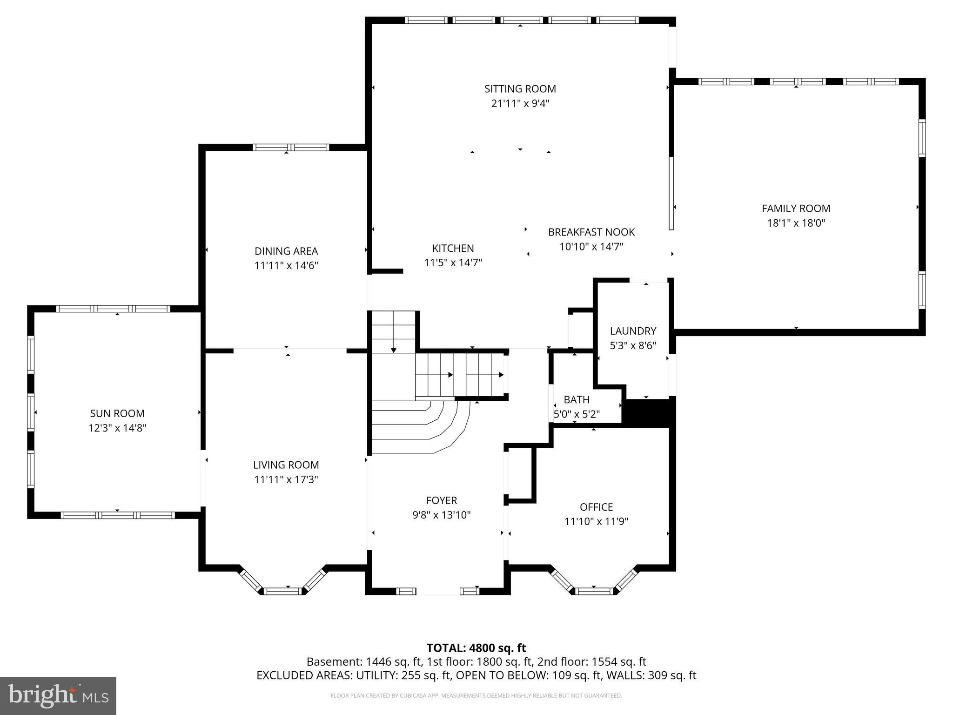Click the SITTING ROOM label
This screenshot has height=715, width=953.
(x=520, y=88)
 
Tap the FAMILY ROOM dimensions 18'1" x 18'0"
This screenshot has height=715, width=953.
(x=796, y=223)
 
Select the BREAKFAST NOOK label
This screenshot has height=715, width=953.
(x=591, y=232)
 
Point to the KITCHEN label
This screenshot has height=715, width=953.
(x=453, y=248)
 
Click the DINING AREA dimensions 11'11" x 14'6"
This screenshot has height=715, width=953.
(x=286, y=266)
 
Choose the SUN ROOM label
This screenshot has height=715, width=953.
(x=117, y=413)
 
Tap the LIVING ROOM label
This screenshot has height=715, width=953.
(x=286, y=465)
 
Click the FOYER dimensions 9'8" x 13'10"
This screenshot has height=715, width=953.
(x=441, y=515)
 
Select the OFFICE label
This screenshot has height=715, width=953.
(x=596, y=507)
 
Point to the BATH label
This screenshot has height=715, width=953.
(x=576, y=399)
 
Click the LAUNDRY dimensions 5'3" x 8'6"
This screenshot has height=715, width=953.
(x=633, y=345)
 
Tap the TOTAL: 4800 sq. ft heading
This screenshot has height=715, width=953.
(x=476, y=648)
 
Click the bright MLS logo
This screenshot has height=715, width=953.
(x=58, y=695)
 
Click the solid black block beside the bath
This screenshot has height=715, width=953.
(x=648, y=412)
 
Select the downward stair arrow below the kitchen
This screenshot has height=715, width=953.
(x=394, y=350)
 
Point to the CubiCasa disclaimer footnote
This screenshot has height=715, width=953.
(x=476, y=696)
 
